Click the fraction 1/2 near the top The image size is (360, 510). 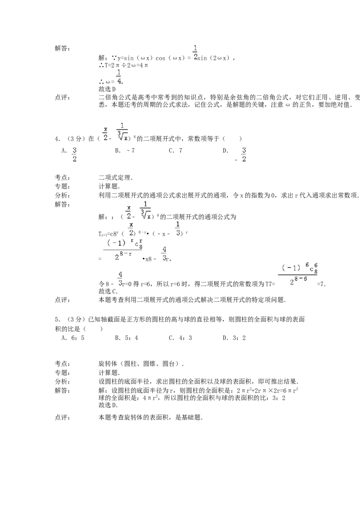pyautogui.click(x=195, y=53)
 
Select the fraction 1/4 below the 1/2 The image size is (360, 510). pyautogui.click(x=119, y=77)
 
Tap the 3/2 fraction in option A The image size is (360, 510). pyautogui.click(x=75, y=154)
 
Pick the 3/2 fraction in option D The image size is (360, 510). pyautogui.click(x=244, y=154)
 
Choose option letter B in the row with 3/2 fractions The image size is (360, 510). pyautogui.click(x=117, y=151)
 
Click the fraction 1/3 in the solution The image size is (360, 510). pyautogui.click(x=177, y=229)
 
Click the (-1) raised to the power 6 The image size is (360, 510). pyautogui.click(x=291, y=268)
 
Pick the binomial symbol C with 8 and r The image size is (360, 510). pyautogui.click(x=137, y=244)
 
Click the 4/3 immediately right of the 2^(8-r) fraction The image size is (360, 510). pyautogui.click(x=165, y=254)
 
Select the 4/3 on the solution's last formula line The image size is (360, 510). pyautogui.click(x=120, y=279)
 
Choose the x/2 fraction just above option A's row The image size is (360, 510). pyautogui.click(x=105, y=133)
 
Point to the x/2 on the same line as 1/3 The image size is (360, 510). pyautogui.click(x=131, y=229)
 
